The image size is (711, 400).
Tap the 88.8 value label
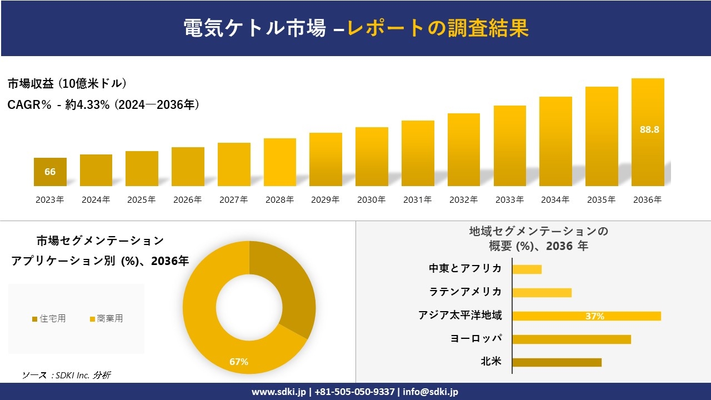point(649,129)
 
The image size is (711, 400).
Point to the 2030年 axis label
point(371,200)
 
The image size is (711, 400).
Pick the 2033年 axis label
point(509,200)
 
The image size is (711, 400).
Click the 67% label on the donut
point(239,362)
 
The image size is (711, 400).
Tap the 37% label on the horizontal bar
point(594,316)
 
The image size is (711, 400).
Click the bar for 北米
point(557,362)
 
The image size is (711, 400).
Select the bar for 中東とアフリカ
point(527,269)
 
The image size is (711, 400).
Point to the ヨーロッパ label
point(476,339)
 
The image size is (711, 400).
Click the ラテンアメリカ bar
point(542,293)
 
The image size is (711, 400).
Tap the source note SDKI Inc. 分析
point(67,375)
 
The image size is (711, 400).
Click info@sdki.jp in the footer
point(431,392)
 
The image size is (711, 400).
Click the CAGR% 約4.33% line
point(103,104)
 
